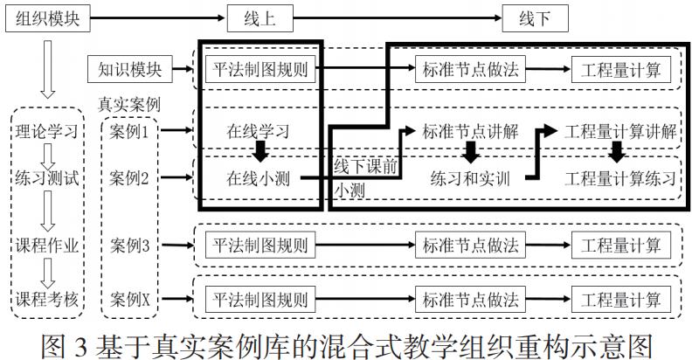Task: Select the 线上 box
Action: click(259, 18)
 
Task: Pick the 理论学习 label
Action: click(48, 133)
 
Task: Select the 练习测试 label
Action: click(48, 180)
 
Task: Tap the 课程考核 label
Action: click(48, 299)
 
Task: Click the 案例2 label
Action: click(131, 180)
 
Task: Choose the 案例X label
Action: click(131, 299)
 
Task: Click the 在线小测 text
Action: click(258, 180)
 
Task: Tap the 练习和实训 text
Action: click(470, 180)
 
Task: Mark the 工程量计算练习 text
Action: click(619, 180)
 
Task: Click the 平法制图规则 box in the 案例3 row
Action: click(258, 246)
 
